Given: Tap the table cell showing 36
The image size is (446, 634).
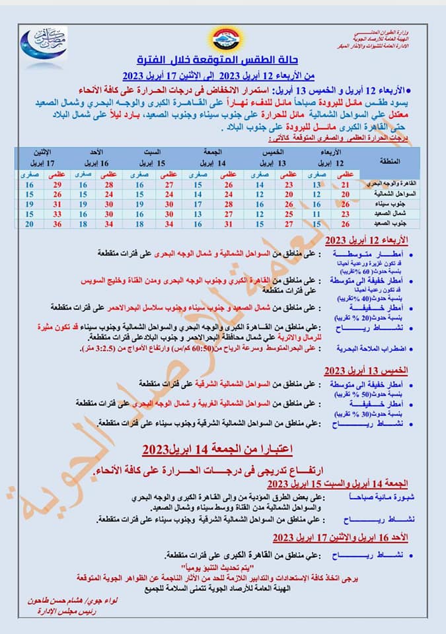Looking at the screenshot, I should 57,225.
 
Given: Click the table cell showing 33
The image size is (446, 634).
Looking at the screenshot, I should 57,215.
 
